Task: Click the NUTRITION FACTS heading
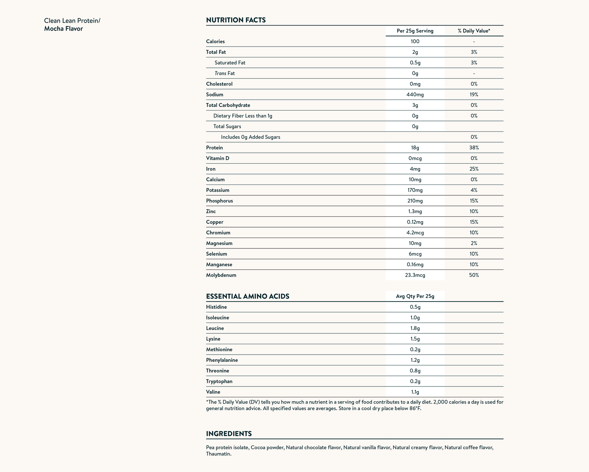(236, 20)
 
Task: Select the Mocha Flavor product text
(63, 29)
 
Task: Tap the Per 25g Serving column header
(415, 31)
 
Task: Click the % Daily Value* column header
(474, 31)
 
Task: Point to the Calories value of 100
(415, 42)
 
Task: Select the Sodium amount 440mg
(415, 95)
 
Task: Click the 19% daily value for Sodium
(474, 95)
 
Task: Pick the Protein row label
(214, 148)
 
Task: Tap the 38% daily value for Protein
(474, 148)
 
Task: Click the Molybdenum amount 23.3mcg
(415, 275)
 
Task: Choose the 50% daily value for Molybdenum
(474, 275)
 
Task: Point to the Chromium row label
(218, 233)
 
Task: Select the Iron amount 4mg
(415, 169)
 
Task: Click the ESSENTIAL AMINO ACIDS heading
(247, 297)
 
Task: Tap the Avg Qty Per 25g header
(415, 297)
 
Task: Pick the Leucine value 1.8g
(415, 328)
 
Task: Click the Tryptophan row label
(219, 382)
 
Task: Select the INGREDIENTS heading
(229, 434)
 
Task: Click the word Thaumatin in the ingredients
(219, 454)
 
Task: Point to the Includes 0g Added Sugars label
(250, 137)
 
